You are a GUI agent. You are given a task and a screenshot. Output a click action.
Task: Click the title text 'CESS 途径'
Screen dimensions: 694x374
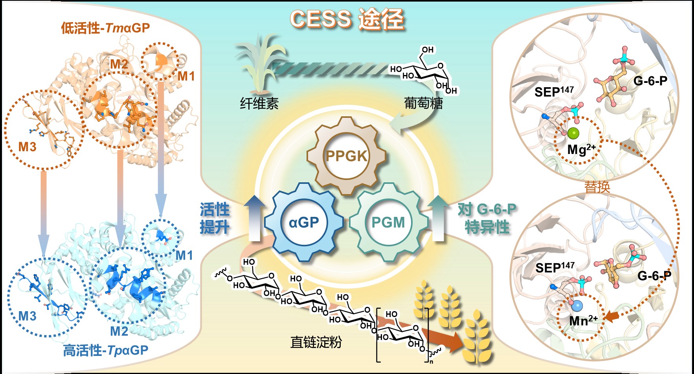point(347,19)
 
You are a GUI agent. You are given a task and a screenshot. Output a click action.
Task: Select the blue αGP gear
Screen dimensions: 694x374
point(304,222)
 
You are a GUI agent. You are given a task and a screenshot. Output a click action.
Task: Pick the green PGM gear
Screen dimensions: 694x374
point(388,222)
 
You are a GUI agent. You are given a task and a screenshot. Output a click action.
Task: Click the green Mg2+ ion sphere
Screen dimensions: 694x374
point(573,134)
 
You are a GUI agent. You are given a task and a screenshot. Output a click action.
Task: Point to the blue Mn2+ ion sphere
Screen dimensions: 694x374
point(577,305)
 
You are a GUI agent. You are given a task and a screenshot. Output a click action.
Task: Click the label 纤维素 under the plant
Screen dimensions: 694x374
point(259,104)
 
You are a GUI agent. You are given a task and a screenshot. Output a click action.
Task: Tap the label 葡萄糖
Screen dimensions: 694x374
point(423,104)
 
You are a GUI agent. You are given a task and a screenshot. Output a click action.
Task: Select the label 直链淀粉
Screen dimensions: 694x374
point(316,342)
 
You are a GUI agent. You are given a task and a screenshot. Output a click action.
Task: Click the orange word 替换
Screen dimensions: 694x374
point(597,187)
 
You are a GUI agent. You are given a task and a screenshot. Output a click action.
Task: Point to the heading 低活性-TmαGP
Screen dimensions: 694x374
point(105,28)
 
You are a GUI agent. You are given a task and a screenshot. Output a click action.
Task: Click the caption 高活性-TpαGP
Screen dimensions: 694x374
point(106,350)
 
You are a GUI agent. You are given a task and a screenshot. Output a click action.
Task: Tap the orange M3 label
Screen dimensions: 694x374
point(28,147)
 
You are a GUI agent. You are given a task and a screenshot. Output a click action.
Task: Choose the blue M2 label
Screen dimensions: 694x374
point(119,331)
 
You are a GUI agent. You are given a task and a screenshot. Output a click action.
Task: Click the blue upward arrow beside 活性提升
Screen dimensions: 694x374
point(255,218)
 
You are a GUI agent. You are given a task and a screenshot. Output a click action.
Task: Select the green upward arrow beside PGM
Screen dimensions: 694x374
point(438,218)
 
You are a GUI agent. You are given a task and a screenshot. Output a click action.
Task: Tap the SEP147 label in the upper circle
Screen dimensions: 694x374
point(554,92)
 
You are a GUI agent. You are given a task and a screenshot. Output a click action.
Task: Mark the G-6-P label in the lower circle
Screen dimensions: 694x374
point(654,276)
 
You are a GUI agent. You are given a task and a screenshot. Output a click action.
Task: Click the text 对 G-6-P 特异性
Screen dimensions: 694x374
point(487,218)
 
